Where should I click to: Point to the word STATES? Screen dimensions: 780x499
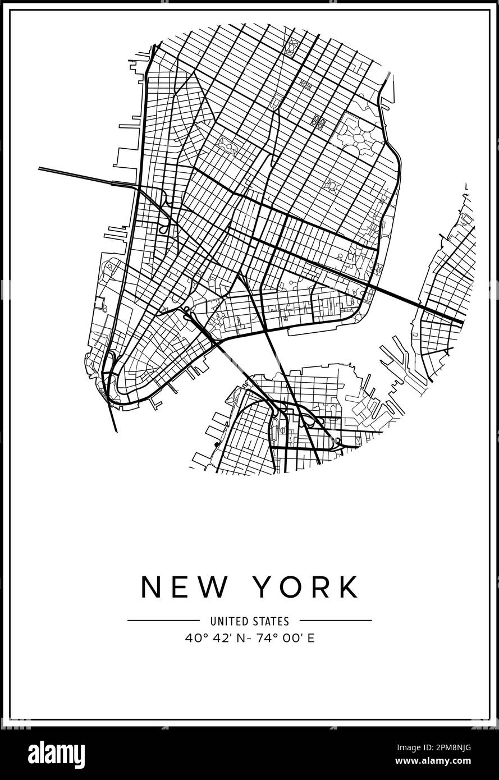pyautogui.click(x=272, y=621)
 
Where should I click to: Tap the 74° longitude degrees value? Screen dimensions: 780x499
pyautogui.click(x=258, y=638)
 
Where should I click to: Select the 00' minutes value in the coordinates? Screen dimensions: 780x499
pyautogui.click(x=285, y=638)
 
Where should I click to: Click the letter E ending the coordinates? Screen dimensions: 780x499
pyautogui.click(x=310, y=638)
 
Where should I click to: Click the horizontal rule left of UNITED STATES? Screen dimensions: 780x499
pyautogui.click(x=163, y=621)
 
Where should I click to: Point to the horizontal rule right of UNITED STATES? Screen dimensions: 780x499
pyautogui.click(x=336, y=621)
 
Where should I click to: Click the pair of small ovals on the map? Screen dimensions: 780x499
pyautogui.click(x=319, y=120)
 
